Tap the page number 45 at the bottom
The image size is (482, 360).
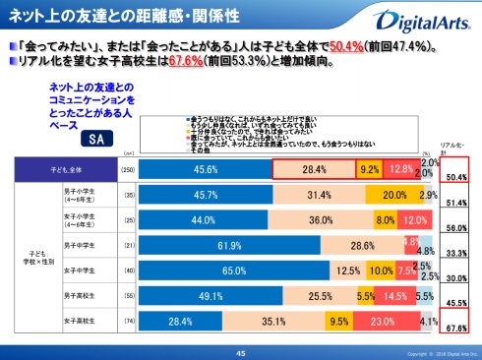pos(240,352)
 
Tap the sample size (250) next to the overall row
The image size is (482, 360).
pos(126,168)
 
